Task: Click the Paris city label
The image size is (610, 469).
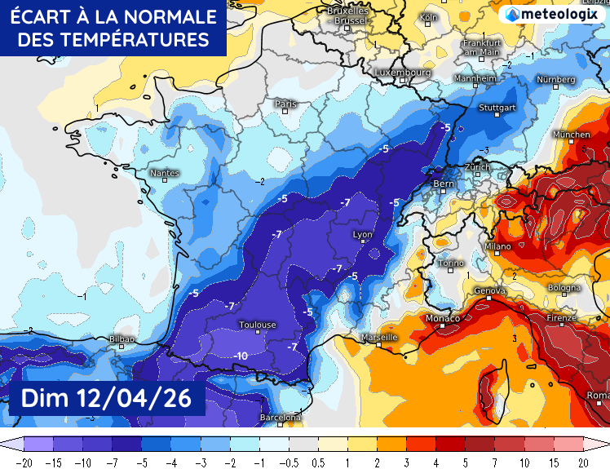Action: (285, 104)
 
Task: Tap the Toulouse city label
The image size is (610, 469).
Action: (257, 325)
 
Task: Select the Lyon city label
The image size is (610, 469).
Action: (361, 235)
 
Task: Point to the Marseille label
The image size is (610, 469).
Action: (378, 337)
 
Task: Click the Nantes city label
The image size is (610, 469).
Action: (164, 173)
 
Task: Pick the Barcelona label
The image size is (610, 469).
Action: (280, 417)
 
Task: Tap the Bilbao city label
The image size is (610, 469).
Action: (122, 338)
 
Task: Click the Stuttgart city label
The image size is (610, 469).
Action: (497, 108)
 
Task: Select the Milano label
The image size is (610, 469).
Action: (497, 246)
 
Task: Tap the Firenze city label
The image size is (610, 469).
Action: (562, 317)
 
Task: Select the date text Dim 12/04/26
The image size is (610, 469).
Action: (105, 398)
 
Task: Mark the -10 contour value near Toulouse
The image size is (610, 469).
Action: (241, 356)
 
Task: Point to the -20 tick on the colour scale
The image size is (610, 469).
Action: (24, 461)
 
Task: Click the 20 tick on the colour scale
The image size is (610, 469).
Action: (584, 461)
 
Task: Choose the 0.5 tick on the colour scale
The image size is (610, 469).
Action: (320, 461)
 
